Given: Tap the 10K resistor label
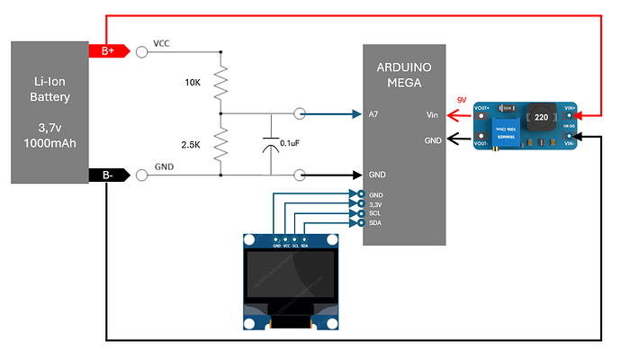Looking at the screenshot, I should pos(193,83).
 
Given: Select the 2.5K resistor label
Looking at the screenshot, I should pos(191,144).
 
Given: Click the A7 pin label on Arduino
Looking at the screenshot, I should pos(373,114).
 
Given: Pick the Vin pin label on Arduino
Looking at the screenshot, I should pos(433,114).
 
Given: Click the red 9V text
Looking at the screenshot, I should pos(462,100).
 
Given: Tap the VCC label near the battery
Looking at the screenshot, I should pos(162,43).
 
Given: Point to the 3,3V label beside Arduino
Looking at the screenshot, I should pos(376,203).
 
